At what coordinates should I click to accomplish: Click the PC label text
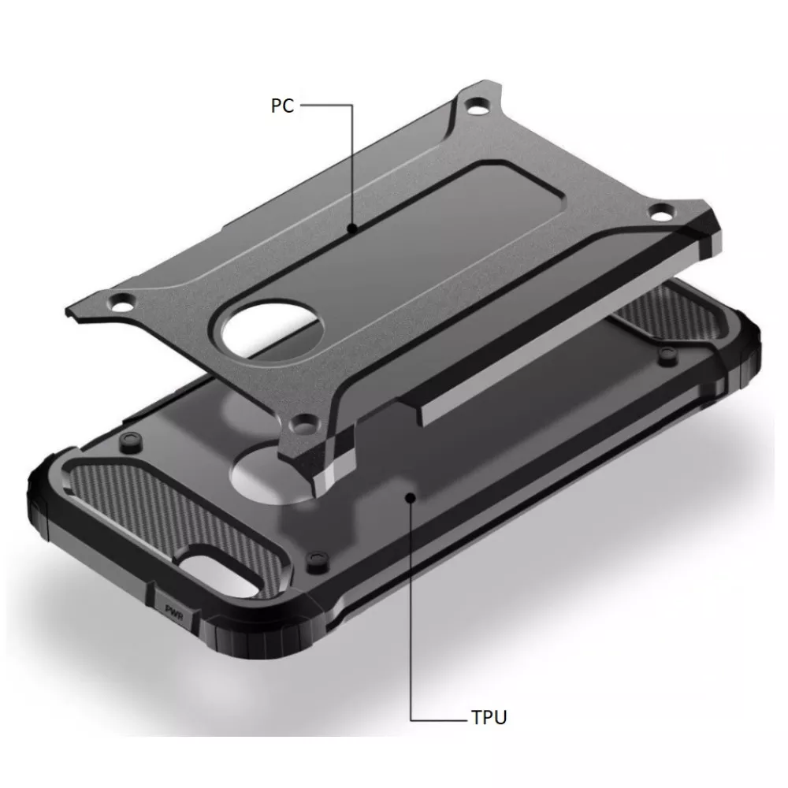click(282, 106)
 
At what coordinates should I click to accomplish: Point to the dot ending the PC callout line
click(352, 228)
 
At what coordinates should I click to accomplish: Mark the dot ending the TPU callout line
click(410, 496)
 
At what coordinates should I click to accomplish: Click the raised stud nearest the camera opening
click(316, 558)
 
